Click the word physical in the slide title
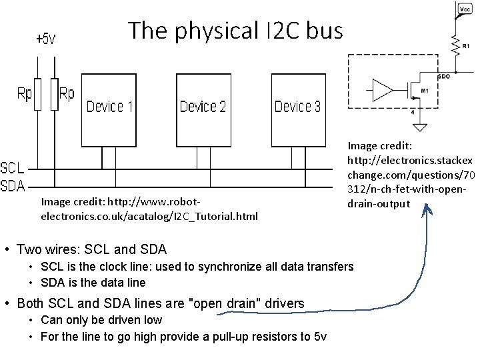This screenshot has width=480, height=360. (195, 31)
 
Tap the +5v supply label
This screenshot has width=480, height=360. (46, 39)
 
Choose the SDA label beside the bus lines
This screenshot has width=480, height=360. (13, 186)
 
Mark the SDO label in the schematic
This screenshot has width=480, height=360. (443, 77)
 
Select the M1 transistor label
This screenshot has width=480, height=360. (424, 89)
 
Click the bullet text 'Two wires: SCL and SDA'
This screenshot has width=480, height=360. (91, 250)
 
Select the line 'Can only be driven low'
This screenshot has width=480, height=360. (101, 320)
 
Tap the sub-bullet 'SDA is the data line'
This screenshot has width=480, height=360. (93, 283)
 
